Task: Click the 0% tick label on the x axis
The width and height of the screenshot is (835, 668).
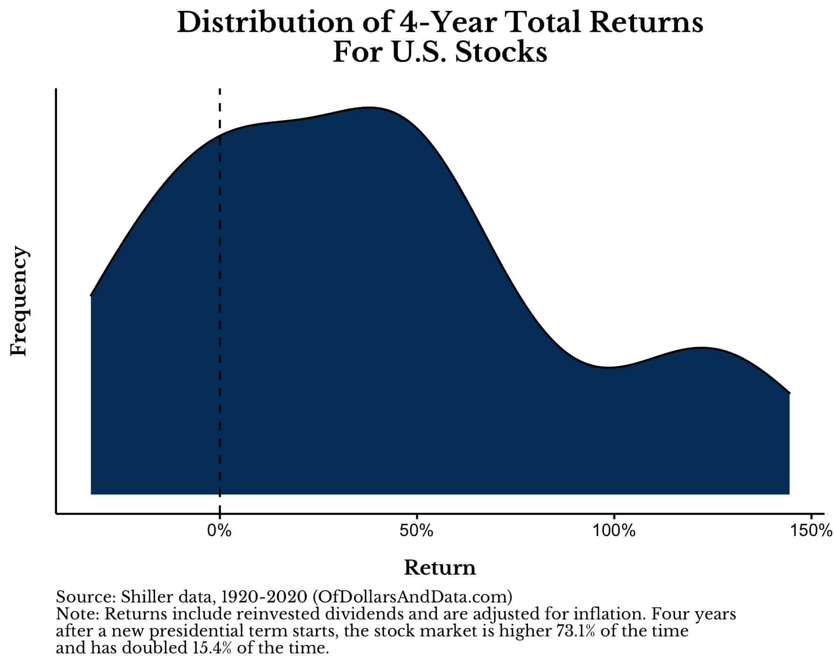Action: point(219,531)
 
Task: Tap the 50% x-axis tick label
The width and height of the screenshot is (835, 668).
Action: point(416,531)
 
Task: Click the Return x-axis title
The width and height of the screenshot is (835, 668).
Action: point(440,568)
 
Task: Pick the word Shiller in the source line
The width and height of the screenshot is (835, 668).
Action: point(141,597)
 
